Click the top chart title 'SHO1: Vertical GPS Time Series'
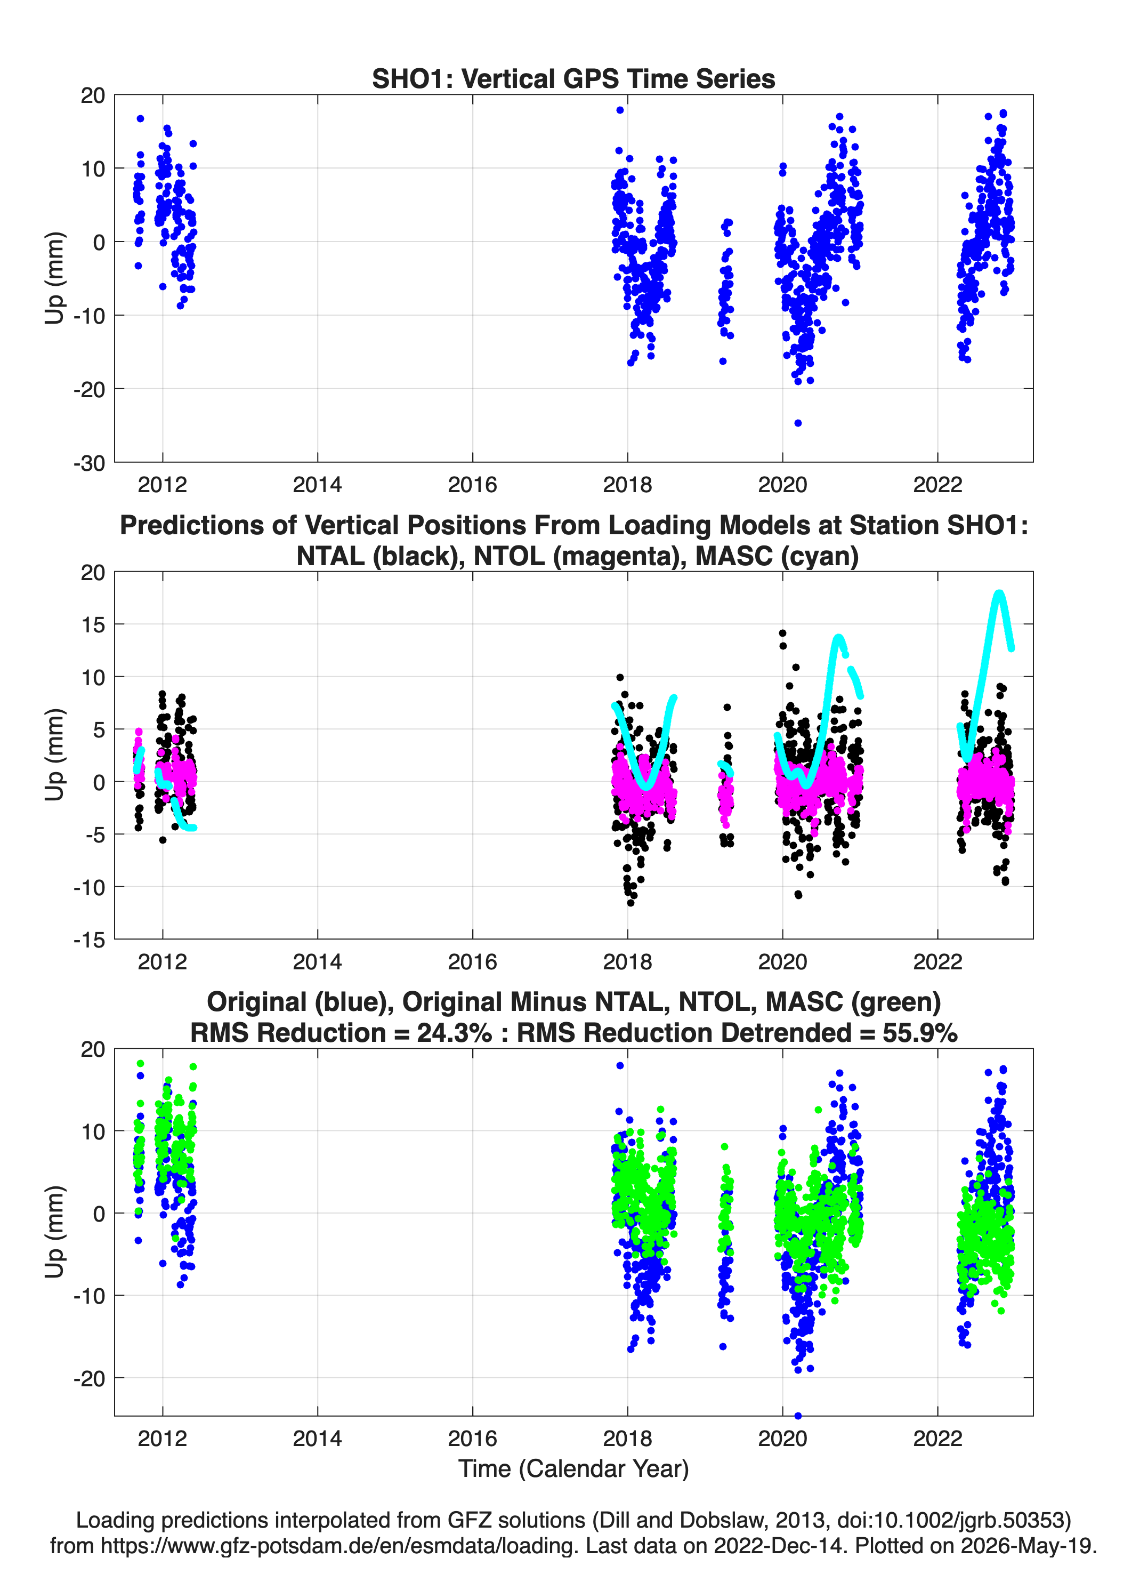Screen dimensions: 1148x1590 pos(573,78)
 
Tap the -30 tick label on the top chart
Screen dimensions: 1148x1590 pos(89,463)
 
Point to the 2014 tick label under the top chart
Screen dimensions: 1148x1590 pos(318,485)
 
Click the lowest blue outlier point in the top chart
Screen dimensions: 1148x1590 pos(797,423)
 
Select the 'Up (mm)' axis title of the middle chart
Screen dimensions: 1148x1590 pos(55,754)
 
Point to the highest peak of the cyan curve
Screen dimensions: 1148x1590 pos(999,593)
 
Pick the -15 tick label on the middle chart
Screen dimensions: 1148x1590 pos(89,940)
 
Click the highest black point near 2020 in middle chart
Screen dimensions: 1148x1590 pos(783,633)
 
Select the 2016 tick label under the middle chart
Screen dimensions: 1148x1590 pos(472,961)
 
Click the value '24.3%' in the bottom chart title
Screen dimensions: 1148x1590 pos(454,1033)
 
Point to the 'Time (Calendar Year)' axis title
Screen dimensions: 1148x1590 pos(573,1468)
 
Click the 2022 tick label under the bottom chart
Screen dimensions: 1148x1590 pos(937,1438)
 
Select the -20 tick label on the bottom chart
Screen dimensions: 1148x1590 pos(89,1378)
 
